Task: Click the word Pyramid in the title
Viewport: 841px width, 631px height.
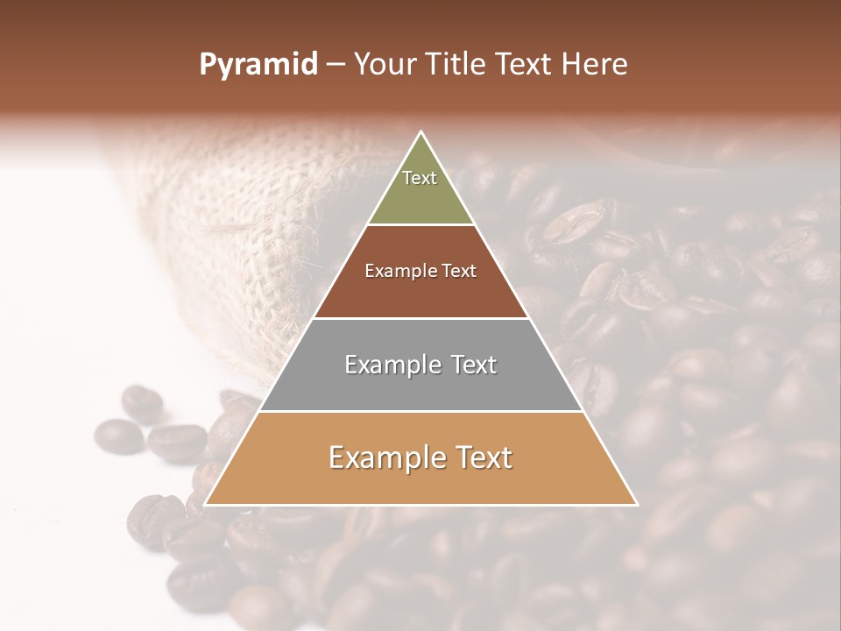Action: pos(258,65)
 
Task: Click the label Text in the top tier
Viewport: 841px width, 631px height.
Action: pos(420,178)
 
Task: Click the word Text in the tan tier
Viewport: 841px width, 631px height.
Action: pos(480,457)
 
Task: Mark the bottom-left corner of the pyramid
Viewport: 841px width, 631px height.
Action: pos(205,504)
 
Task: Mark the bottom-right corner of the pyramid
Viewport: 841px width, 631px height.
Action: pos(637,504)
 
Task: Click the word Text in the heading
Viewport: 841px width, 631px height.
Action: pos(527,64)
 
